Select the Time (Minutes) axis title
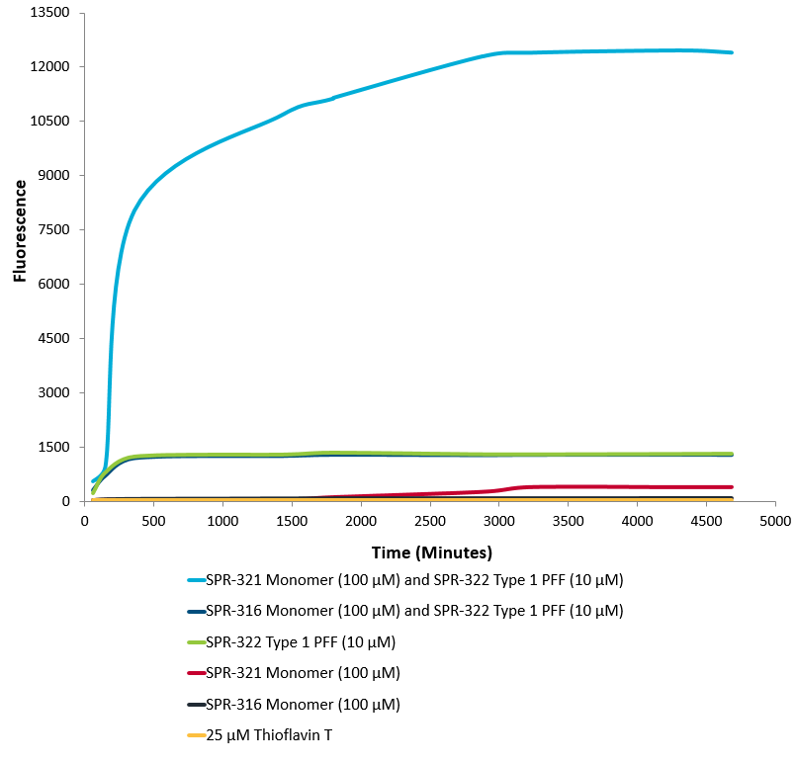(431, 552)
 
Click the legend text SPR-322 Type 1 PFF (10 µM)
(301, 642)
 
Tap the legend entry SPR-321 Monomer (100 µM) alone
(303, 674)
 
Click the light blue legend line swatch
(195, 580)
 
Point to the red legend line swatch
(195, 674)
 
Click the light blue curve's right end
(731, 52)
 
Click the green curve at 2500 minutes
(430, 454)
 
